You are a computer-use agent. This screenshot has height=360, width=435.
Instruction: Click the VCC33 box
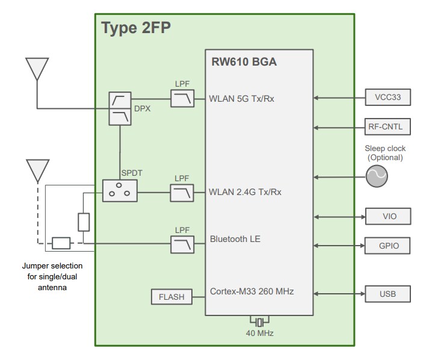point(388,97)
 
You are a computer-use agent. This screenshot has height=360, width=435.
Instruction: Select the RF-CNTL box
point(388,127)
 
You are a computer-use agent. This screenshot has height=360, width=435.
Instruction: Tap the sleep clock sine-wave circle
point(377,176)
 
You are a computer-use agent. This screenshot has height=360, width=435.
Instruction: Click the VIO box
point(388,216)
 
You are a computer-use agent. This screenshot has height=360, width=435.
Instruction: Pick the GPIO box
point(388,246)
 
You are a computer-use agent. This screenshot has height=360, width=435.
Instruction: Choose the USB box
point(388,294)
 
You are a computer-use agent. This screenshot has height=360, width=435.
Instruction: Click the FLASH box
point(171,297)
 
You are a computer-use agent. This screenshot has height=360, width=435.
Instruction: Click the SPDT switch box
point(120,191)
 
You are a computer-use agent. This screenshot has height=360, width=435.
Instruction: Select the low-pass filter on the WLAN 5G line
point(182,98)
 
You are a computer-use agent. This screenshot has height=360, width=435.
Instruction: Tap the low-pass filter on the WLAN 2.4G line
point(182,193)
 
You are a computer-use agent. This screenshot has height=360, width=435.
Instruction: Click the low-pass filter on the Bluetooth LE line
point(182,244)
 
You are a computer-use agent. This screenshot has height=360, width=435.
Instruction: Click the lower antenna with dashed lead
point(37,170)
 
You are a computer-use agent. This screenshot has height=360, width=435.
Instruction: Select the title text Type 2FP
point(136,28)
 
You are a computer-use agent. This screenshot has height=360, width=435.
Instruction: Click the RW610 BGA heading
point(244,62)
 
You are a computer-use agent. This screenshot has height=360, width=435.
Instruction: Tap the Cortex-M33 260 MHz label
point(251,291)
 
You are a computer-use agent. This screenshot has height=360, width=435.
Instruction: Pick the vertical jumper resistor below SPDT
point(84,222)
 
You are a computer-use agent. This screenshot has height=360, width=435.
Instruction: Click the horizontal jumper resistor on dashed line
point(61,243)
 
